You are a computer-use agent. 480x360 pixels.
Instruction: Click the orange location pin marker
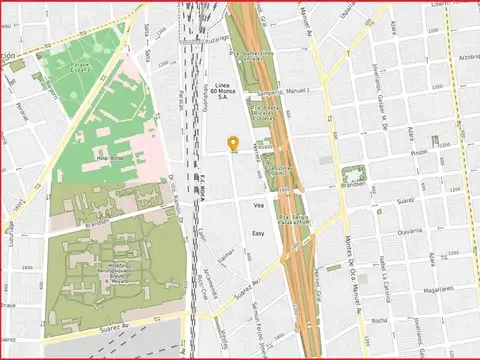tap(233, 144)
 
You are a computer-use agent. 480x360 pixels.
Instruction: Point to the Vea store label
tap(257, 205)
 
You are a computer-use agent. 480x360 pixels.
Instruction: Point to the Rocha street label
tap(379, 321)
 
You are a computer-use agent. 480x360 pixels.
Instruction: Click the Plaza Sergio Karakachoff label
tap(293, 220)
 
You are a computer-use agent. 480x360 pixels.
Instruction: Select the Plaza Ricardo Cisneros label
tap(264, 115)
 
